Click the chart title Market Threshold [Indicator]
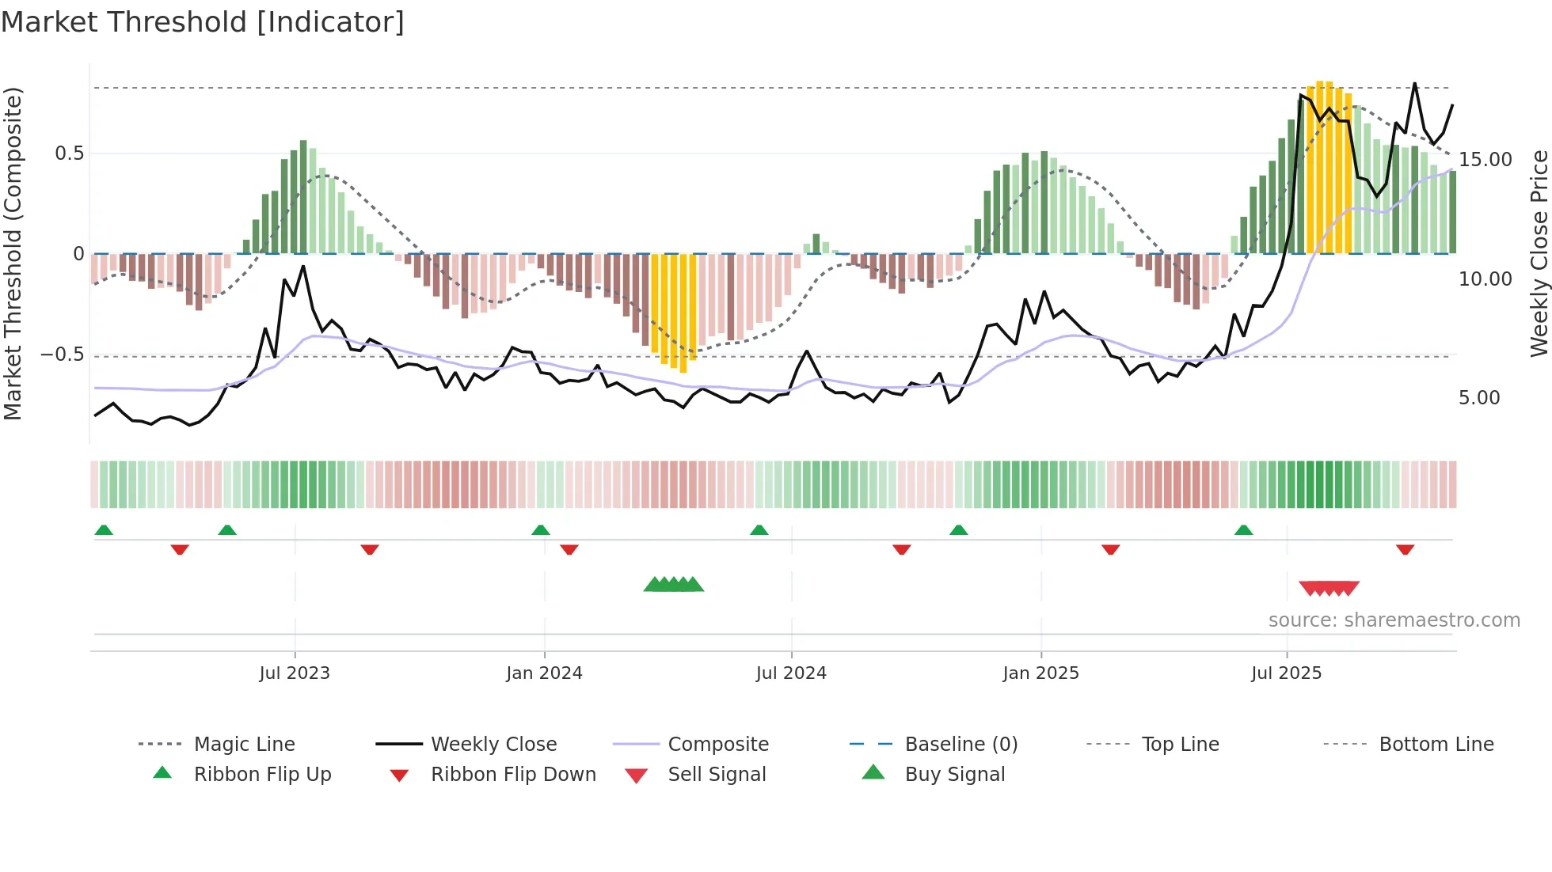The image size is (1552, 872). [x=203, y=22]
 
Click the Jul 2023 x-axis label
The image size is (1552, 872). [x=294, y=673]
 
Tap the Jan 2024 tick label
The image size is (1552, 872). [x=544, y=673]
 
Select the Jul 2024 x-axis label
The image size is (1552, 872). [x=791, y=673]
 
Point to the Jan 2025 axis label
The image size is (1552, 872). [x=1040, y=673]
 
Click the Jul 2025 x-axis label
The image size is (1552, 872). [x=1286, y=673]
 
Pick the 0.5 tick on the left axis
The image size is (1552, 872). [x=69, y=154]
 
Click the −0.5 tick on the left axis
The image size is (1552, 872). [x=62, y=354]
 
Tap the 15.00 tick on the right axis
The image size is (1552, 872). [x=1485, y=160]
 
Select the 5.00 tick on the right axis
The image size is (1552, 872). [x=1479, y=398]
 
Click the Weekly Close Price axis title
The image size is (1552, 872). [x=1539, y=253]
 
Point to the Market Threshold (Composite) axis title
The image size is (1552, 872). [x=13, y=253]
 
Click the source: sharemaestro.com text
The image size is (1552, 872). [x=1394, y=620]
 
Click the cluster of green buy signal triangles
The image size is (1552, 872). [x=673, y=585]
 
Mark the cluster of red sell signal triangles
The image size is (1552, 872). [x=1329, y=589]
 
